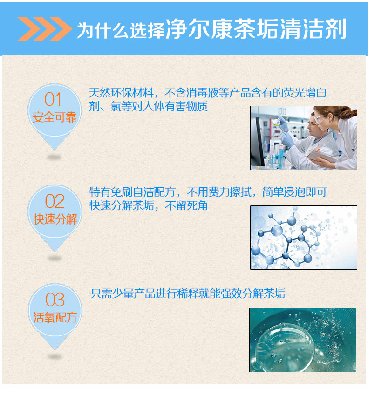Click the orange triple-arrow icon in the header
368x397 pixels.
(45, 29)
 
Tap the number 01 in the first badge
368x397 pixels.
(53, 99)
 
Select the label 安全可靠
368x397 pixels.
(55, 117)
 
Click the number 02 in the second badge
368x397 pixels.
(55, 201)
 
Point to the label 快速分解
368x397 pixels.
(55, 219)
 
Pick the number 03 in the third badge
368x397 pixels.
(55, 300)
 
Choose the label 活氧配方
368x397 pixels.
(55, 317)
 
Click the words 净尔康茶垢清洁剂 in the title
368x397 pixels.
(256, 29)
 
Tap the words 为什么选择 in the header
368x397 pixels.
(121, 30)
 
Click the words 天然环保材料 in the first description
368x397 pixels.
(121, 93)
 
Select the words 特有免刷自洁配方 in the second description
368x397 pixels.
(132, 192)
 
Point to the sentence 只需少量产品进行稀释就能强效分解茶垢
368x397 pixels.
(188, 294)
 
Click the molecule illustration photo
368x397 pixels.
(303, 238)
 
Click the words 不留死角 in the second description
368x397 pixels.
(186, 205)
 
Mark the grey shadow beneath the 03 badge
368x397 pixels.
(55, 357)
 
